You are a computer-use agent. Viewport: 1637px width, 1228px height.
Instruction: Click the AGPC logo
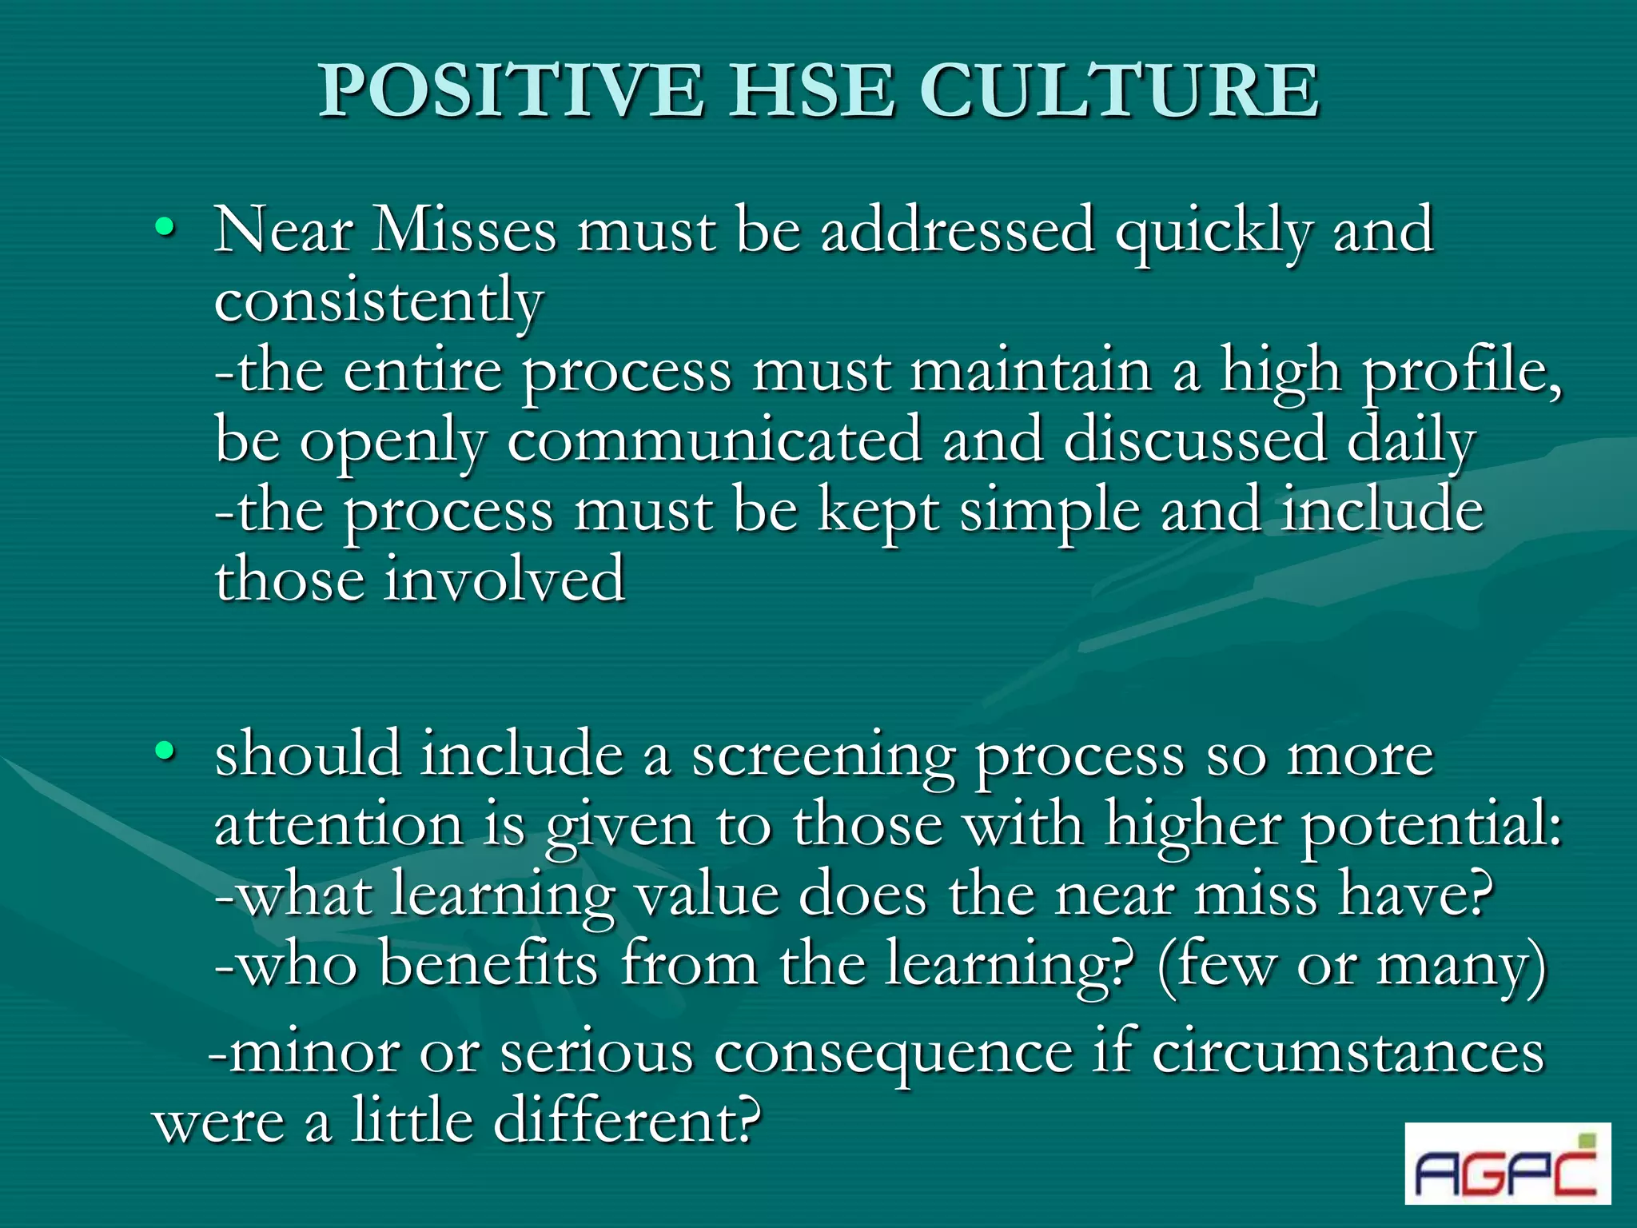pyautogui.click(x=1507, y=1163)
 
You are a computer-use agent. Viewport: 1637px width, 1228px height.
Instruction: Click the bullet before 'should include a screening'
pyautogui.click(x=165, y=751)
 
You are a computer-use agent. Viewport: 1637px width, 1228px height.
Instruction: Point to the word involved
pyautogui.click(x=504, y=579)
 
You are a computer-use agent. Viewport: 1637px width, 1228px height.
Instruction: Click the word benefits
pyautogui.click(x=488, y=963)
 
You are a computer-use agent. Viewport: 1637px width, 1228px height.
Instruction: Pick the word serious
pyautogui.click(x=596, y=1052)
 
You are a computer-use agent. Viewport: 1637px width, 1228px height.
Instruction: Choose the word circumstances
pyautogui.click(x=1348, y=1052)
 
